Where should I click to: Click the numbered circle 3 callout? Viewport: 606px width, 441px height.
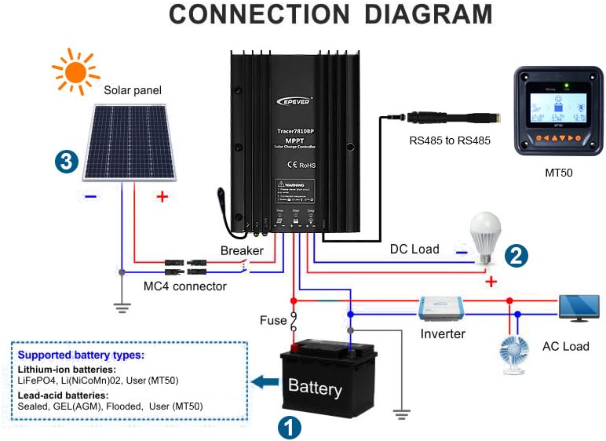(x=67, y=162)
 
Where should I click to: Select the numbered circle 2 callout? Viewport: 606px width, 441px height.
(x=516, y=254)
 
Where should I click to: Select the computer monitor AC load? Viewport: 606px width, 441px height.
(x=579, y=308)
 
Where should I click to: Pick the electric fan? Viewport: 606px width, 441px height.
(x=515, y=351)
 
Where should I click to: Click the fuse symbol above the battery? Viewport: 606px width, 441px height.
(x=294, y=322)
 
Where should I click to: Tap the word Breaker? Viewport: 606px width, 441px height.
(x=242, y=250)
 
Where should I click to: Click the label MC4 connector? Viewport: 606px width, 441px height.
(x=184, y=286)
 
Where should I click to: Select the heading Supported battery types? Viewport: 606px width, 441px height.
(x=81, y=355)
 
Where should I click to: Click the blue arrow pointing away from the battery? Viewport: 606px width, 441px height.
(x=265, y=383)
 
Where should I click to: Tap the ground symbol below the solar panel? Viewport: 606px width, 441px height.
(x=121, y=307)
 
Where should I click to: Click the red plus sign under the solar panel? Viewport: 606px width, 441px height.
(x=162, y=196)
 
